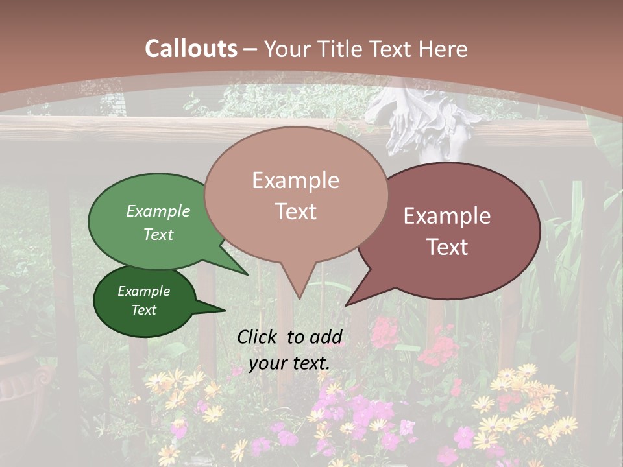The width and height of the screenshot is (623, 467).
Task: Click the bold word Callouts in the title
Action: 191,49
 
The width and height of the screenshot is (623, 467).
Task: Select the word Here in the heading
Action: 443,49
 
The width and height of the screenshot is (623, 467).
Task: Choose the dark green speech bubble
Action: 144,302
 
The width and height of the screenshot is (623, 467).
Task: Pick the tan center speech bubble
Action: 296,195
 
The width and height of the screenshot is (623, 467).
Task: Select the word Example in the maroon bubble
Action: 447,216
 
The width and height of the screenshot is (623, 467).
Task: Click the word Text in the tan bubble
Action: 296,211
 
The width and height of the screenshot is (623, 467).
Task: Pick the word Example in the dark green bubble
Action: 144,291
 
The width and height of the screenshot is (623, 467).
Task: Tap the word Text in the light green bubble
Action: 158,234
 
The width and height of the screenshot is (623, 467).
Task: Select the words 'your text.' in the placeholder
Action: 289,363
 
